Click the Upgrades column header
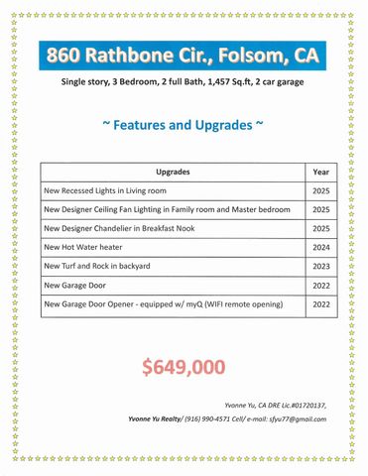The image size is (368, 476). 174,173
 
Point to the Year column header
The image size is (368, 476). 321,173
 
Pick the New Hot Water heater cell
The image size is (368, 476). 84,248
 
